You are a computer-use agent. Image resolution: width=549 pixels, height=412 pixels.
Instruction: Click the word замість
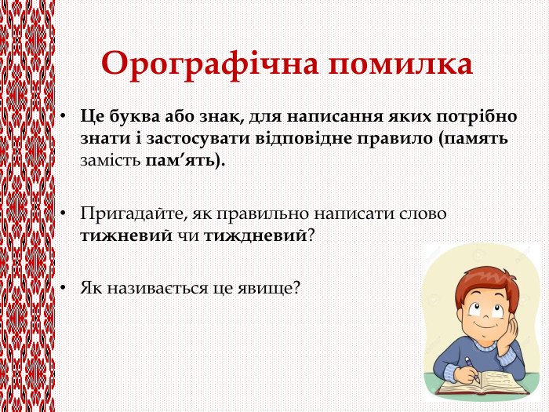111,161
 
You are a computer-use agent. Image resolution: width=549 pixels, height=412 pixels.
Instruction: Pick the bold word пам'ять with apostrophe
180,161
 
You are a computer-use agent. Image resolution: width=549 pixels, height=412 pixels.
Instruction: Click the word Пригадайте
133,214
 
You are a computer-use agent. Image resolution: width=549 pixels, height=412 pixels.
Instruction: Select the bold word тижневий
126,236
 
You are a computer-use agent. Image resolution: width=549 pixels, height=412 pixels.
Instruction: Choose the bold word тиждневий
256,236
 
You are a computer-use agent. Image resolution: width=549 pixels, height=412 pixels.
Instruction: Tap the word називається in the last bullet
158,289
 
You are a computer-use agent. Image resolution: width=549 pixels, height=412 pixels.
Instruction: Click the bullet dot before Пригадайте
63,213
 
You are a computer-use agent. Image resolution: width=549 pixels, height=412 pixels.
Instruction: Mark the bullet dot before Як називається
63,288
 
